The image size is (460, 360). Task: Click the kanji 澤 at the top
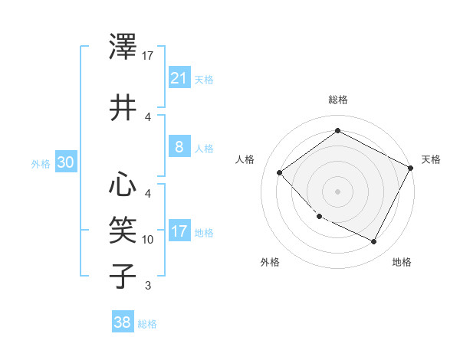(123, 47)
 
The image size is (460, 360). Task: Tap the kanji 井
(123, 108)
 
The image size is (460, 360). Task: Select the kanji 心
(123, 184)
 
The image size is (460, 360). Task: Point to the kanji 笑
(123, 228)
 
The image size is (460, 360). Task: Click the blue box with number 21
(179, 77)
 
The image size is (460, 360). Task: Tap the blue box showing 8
(179, 147)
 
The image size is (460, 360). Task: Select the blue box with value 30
(65, 162)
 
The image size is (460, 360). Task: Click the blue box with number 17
(179, 231)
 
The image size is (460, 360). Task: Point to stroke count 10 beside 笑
(148, 240)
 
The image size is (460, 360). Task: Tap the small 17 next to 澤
(148, 56)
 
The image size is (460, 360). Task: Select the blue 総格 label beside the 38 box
(147, 324)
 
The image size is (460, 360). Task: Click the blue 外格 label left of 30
(41, 163)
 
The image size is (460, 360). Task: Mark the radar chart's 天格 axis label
(431, 159)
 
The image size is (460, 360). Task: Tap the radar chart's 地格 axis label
(402, 262)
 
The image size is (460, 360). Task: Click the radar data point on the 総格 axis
(337, 131)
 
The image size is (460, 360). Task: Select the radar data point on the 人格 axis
(280, 172)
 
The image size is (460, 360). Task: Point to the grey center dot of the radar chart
(337, 191)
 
